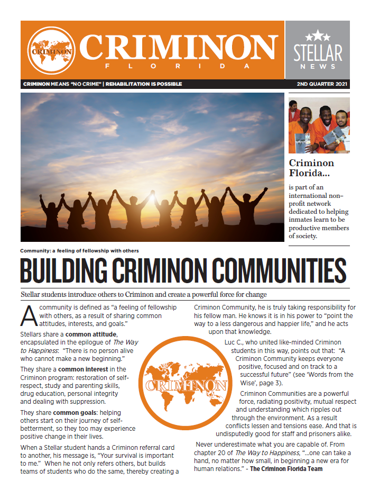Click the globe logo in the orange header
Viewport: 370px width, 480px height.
click(51, 51)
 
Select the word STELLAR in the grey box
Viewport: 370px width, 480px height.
click(317, 52)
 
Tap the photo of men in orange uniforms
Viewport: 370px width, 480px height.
click(319, 125)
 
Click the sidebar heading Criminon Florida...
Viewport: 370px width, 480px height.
click(311, 168)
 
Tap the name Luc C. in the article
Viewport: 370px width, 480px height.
click(235, 342)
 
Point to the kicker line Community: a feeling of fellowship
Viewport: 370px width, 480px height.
click(79, 251)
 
